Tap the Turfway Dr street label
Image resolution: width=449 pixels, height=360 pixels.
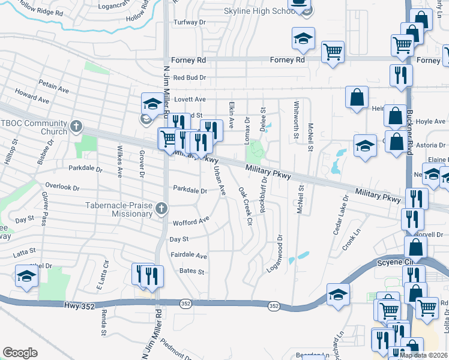189,22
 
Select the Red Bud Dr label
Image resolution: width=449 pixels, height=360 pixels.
189,78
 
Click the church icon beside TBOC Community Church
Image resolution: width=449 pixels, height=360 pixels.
76,126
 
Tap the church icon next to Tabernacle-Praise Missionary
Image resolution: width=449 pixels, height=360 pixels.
160,208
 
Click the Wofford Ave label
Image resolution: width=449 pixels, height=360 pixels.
191,223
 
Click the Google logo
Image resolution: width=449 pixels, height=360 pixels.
20,353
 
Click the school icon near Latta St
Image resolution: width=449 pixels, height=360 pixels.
26,277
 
